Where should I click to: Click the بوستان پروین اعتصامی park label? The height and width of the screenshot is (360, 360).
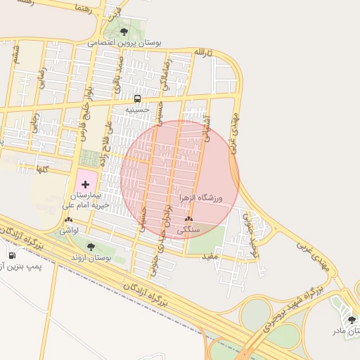coord(125,43)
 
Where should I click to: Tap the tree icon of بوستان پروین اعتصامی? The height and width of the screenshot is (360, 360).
coord(124,32)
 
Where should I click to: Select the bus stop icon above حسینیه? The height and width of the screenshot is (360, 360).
coord(137,99)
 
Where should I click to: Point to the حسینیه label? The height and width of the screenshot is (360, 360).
coord(138,110)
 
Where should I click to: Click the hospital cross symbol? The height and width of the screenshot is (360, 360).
coord(86,184)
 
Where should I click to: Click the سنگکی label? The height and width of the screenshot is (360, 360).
coord(189,230)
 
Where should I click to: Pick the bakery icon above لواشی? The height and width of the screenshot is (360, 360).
coord(68,219)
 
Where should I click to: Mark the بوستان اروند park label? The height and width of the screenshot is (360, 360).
coord(91,258)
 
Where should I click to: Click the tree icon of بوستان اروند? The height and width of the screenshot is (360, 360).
coord(90,247)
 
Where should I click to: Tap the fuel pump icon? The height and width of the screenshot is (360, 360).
coord(12,254)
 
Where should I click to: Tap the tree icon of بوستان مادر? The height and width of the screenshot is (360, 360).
coord(352,320)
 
